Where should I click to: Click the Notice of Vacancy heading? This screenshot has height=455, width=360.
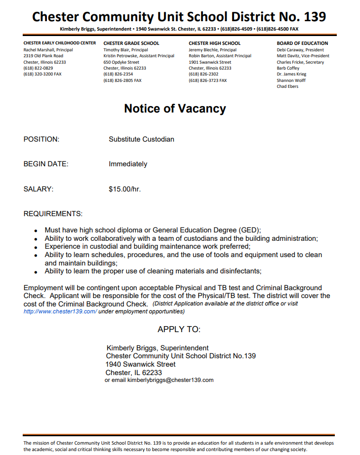(175, 109)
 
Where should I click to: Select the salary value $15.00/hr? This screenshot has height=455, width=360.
(125, 189)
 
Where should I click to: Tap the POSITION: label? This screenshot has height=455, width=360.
(41, 139)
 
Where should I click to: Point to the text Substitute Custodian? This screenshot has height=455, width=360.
(141, 139)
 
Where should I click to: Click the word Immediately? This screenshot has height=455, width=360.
(128, 164)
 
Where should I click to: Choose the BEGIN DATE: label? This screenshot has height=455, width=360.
(46, 164)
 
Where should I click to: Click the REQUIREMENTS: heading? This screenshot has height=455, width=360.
(53, 214)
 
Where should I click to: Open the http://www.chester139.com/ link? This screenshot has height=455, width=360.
(60, 311)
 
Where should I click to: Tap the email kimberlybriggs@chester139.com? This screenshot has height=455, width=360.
(170, 380)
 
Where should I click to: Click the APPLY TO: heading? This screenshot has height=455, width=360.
(179, 329)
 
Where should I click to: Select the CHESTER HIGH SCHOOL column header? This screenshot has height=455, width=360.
(214, 43)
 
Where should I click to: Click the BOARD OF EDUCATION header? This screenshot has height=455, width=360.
(302, 43)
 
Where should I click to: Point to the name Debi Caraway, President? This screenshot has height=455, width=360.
(300, 50)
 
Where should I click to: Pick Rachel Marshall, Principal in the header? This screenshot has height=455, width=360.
(48, 50)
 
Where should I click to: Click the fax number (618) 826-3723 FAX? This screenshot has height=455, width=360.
(208, 80)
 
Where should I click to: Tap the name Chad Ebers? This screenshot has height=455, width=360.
(287, 86)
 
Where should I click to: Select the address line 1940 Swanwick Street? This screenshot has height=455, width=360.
(140, 364)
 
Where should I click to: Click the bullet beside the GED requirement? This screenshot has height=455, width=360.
(36, 230)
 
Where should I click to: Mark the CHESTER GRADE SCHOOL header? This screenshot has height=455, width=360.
(131, 43)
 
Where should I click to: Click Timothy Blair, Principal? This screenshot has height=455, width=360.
(125, 50)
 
